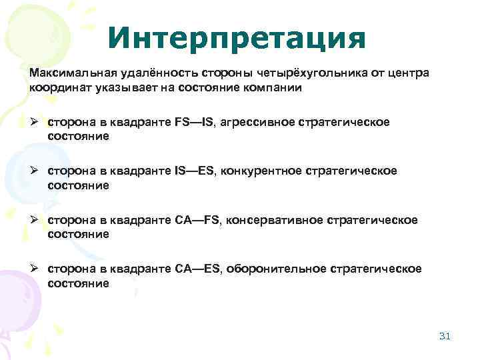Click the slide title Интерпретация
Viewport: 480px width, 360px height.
coord(237,38)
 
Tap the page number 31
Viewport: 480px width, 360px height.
coord(445,336)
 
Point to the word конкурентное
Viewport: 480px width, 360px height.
coord(267,171)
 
